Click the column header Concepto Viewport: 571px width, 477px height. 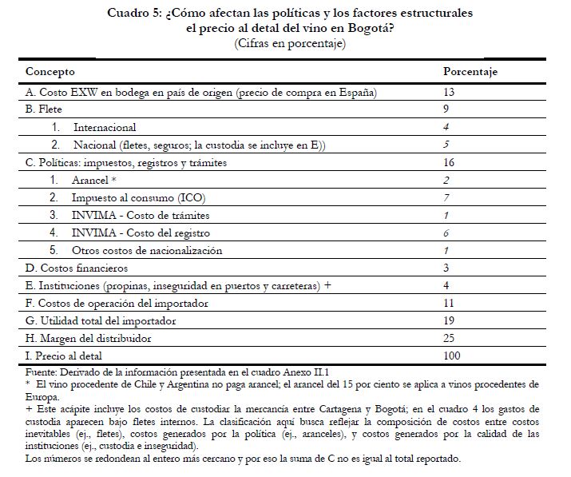51,72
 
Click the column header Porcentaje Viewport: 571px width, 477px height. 470,72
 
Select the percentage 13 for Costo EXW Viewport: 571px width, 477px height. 449,93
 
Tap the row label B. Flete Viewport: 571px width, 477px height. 44,110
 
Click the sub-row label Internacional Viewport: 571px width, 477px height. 105,127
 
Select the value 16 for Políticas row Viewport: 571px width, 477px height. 449,163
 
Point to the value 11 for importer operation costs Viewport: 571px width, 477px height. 449,303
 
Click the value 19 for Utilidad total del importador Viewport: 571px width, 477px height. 449,320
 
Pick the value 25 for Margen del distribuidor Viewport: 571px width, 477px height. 449,337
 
